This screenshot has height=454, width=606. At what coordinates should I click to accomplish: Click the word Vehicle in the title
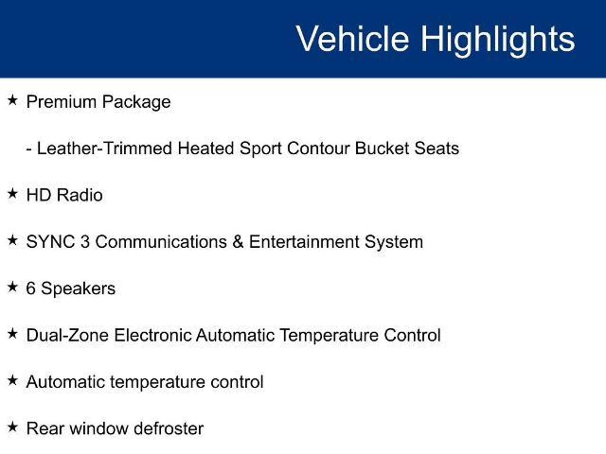pyautogui.click(x=353, y=39)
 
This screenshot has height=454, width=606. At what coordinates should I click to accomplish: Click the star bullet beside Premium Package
pyautogui.click(x=13, y=100)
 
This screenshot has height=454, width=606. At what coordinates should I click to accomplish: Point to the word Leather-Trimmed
pyautogui.click(x=104, y=148)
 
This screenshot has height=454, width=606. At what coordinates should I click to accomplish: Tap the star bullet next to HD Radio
pyautogui.click(x=13, y=194)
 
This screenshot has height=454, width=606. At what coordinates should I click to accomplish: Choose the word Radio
pyautogui.click(x=80, y=195)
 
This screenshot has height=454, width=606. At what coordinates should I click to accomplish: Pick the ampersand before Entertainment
pyautogui.click(x=238, y=242)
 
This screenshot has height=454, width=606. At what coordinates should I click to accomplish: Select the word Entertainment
pyautogui.click(x=304, y=242)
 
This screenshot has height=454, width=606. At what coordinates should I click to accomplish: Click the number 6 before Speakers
pyautogui.click(x=31, y=288)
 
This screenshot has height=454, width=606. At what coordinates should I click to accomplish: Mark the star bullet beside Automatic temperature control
pyautogui.click(x=13, y=380)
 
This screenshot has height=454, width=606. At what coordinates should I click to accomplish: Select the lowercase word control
pyautogui.click(x=237, y=382)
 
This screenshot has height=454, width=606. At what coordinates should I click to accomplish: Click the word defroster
pyautogui.click(x=168, y=429)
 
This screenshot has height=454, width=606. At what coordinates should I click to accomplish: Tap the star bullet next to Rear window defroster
pyautogui.click(x=13, y=427)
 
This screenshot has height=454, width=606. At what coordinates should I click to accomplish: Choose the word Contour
pyautogui.click(x=318, y=148)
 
